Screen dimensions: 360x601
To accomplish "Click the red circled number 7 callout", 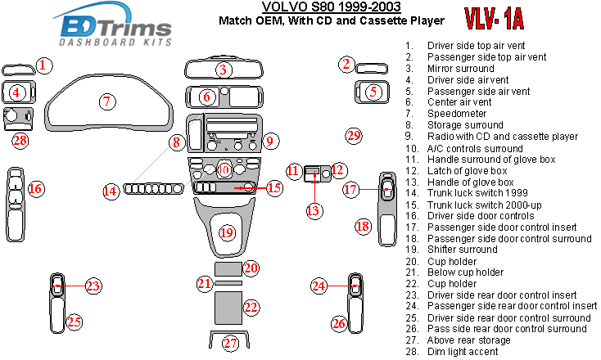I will tap(106, 101).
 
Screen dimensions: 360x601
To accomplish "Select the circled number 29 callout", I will tap(353, 134).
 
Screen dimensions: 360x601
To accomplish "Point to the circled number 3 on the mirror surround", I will tap(222, 70).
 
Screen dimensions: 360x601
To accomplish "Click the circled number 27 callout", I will tap(231, 343).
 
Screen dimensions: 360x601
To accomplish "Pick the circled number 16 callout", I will tap(35, 189).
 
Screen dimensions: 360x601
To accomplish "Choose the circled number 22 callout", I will tap(251, 307).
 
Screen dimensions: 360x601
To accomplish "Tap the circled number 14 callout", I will tap(111, 191).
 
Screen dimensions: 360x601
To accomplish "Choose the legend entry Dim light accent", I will tap(463, 351).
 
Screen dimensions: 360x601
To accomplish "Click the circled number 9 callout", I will tap(268, 142).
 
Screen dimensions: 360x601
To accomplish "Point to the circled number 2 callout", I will tap(346, 64).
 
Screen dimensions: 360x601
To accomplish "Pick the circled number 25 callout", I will tap(74, 322).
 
